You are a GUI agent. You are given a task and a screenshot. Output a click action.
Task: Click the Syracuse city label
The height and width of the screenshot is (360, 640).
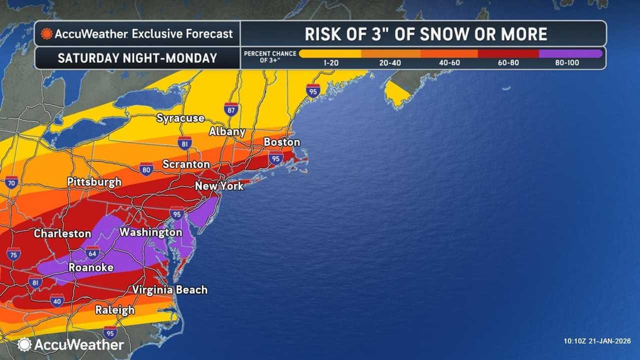(180, 118)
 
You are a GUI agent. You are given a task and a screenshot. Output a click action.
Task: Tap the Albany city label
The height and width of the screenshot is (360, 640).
(227, 132)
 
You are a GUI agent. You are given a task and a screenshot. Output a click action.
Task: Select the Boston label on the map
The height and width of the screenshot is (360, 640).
(281, 142)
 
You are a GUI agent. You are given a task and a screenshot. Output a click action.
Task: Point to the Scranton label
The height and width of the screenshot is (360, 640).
(186, 164)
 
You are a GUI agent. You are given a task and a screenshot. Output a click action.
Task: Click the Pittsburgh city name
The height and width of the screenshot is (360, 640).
(94, 182)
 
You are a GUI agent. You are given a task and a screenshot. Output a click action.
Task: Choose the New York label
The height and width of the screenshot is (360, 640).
(219, 186)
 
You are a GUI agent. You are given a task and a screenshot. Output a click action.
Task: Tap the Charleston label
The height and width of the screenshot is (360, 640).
(62, 233)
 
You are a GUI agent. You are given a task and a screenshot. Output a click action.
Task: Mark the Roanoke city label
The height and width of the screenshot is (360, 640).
(90, 267)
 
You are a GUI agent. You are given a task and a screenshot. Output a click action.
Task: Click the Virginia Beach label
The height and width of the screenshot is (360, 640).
(169, 290)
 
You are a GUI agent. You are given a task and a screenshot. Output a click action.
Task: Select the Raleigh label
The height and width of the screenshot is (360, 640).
(115, 310)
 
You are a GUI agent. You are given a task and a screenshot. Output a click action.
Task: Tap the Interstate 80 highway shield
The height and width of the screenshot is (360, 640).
(146, 169)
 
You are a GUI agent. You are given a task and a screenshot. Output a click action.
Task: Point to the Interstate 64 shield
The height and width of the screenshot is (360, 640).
(92, 252)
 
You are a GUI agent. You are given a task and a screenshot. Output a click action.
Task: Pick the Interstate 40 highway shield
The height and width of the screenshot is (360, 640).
(57, 300)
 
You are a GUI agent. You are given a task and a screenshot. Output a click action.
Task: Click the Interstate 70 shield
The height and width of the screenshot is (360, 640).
(11, 182)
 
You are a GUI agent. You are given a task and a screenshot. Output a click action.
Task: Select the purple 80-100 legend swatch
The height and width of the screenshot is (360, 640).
(570, 53)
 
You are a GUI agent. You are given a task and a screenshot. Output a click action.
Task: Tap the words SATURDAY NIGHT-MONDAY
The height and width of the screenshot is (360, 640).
(137, 58)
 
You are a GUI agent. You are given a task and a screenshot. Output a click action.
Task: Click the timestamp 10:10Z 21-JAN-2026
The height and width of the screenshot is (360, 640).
(596, 341)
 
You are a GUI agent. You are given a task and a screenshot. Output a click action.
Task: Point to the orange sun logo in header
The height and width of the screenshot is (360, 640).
(46, 34)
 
